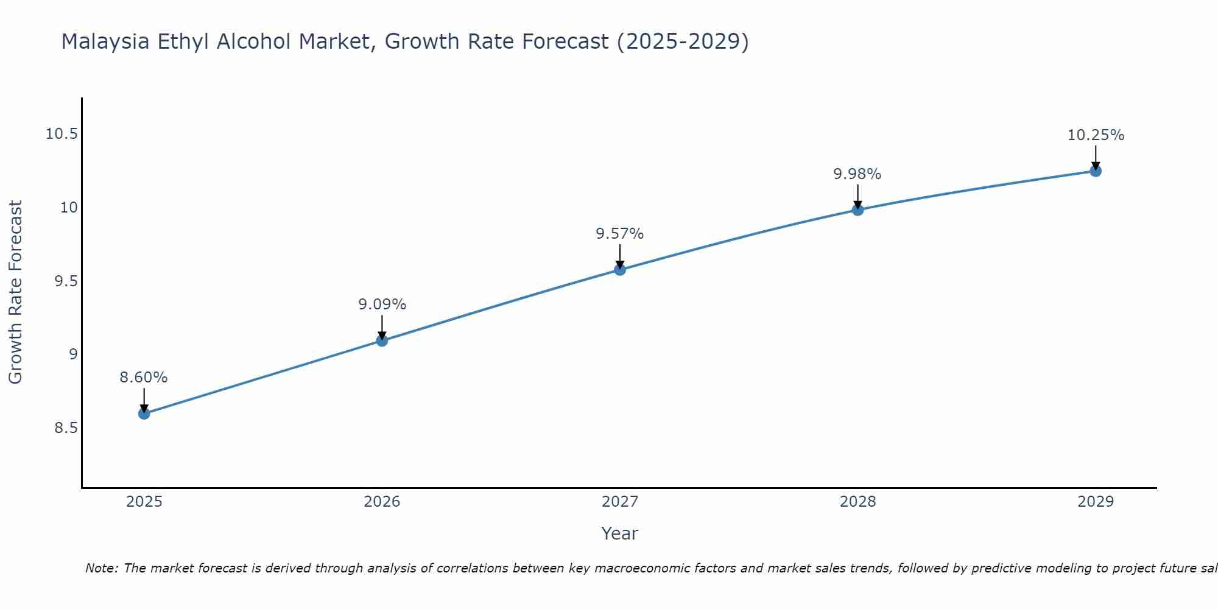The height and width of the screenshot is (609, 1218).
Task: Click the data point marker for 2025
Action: [x=144, y=414]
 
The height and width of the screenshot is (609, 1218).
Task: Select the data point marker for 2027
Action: [x=619, y=269]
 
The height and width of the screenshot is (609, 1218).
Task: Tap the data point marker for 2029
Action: [x=1095, y=171]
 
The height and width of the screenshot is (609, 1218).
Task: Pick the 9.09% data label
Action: [x=382, y=304]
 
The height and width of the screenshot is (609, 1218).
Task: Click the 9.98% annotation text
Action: [x=857, y=174]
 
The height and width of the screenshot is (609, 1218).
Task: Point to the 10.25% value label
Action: [x=1095, y=135]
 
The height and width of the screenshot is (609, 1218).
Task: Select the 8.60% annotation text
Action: [x=143, y=378]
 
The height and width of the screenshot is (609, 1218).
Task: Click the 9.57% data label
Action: [x=619, y=234]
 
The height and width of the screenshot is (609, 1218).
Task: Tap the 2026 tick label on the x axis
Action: [x=382, y=502]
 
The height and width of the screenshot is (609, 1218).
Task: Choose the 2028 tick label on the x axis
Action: [x=857, y=502]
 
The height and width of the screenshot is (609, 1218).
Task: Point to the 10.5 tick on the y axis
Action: [x=62, y=134]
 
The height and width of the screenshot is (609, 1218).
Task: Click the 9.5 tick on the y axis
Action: [x=66, y=281]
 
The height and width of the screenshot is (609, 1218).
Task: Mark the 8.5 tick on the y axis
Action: [x=66, y=428]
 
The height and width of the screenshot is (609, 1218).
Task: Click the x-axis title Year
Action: [x=619, y=533]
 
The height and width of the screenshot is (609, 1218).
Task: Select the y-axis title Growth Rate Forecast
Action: [x=15, y=292]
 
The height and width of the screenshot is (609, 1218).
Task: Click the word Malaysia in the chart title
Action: [x=105, y=41]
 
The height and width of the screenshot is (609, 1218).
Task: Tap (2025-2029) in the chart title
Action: [x=682, y=41]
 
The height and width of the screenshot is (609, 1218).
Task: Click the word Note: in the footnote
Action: [x=102, y=568]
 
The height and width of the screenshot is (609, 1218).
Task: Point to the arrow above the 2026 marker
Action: [x=382, y=326]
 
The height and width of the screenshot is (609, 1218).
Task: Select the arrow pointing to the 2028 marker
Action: [x=857, y=196]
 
